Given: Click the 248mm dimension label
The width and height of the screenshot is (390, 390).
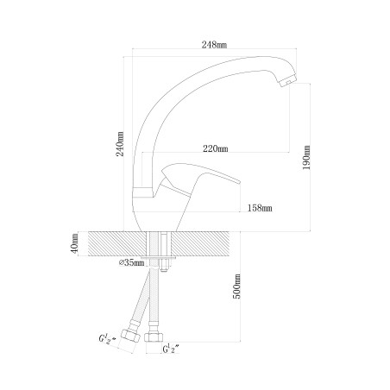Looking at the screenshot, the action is (x=214, y=45).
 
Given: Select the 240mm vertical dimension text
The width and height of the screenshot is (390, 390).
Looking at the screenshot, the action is (x=120, y=144).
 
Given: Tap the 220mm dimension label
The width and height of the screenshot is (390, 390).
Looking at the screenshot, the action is (x=216, y=148).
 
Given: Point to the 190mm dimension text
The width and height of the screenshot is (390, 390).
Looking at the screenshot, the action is (x=306, y=157).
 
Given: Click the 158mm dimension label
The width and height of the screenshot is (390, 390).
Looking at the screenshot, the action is (x=260, y=208).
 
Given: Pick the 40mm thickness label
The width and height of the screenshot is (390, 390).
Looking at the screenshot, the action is (x=74, y=243).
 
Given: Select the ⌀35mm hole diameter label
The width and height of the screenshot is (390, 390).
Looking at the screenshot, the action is (x=131, y=262).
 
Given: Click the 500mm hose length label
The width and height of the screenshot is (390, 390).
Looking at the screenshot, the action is (x=236, y=286).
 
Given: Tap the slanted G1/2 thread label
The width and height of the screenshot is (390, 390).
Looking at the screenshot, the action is (x=107, y=339).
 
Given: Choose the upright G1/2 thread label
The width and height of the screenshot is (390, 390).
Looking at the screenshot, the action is (x=171, y=349).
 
